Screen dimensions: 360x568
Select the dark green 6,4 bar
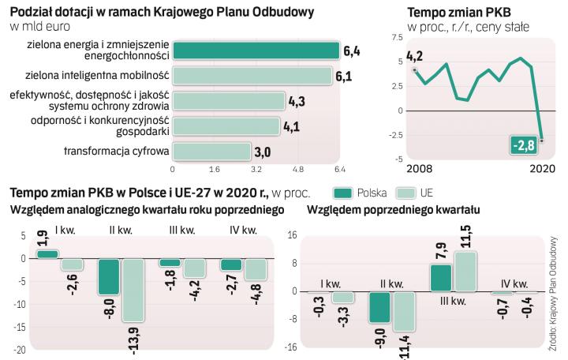pos(256,51)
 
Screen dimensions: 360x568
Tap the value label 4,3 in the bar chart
pos(297,101)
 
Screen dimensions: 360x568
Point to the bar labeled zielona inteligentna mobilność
pos(252,76)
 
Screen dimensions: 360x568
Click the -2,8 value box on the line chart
pos(523,146)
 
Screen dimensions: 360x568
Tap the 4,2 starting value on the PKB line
pos(414,57)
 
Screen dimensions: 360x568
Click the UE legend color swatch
pos(408,193)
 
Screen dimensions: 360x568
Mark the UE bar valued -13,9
pos(133,289)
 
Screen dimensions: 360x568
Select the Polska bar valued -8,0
pos(109,276)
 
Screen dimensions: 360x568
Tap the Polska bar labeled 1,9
pos(48,253)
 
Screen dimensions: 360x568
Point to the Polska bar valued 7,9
pos(441,277)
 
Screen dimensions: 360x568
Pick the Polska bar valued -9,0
pos(380,306)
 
